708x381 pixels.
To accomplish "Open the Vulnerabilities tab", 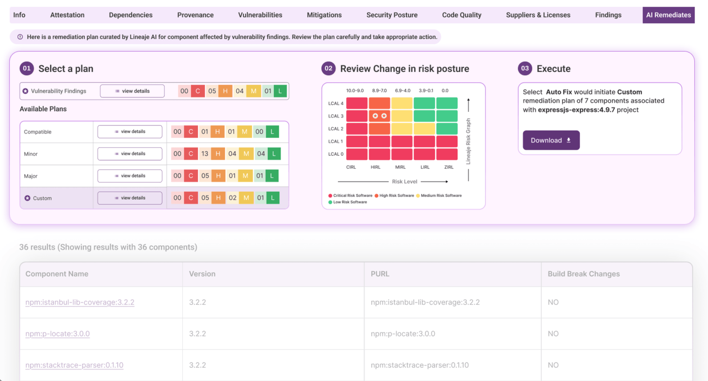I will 260,15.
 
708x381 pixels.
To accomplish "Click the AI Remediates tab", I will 668,15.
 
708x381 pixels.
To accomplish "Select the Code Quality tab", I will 462,15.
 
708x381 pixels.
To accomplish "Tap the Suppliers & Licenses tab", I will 538,15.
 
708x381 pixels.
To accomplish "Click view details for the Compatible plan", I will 130,131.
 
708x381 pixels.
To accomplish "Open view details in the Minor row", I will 130,154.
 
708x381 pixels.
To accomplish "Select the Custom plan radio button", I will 27,198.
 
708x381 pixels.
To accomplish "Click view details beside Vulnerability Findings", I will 132,91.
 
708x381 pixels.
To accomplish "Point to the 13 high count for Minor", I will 205,154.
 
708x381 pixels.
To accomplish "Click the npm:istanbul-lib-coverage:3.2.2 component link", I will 80,302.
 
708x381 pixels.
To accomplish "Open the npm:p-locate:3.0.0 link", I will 58,334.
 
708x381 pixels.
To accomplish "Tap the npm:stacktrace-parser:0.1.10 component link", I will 74,365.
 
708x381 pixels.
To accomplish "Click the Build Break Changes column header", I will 584,274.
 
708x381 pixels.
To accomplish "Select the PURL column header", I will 380,274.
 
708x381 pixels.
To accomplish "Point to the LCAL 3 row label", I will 335,116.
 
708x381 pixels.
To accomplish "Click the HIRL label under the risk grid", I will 376,167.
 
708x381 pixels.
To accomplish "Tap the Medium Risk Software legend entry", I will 441,196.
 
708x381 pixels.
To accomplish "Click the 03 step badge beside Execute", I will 525,69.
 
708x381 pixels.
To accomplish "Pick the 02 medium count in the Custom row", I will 233,198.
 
